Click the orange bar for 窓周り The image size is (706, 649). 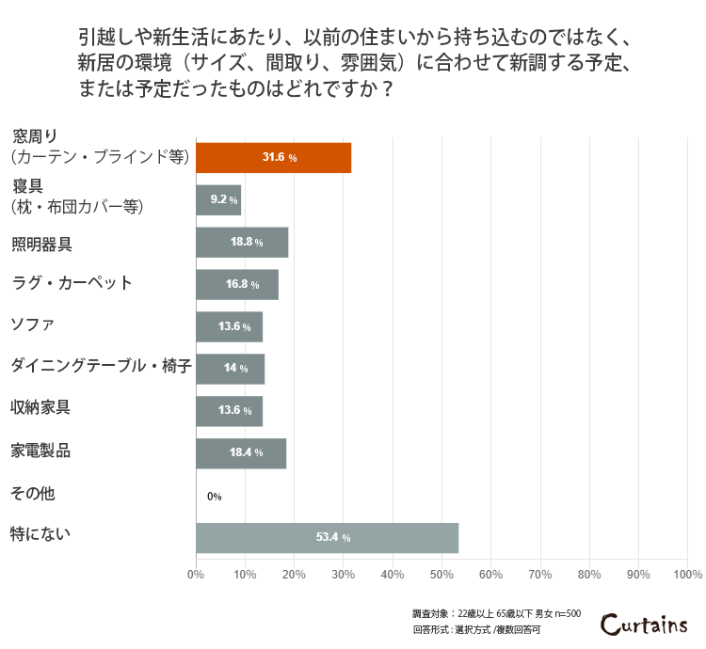click(273, 157)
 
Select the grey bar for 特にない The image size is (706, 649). click(327, 537)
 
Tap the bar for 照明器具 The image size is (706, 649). click(242, 242)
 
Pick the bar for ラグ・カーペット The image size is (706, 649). click(237, 284)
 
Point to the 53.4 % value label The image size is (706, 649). click(332, 537)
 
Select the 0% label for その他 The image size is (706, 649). click(214, 496)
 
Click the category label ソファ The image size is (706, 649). click(32, 325)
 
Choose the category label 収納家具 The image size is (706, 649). click(40, 408)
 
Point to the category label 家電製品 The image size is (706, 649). click(40, 451)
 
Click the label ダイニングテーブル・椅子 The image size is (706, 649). click(101, 366)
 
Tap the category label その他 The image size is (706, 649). click(32, 492)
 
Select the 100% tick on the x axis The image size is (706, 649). click(687, 574)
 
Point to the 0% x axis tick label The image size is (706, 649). click(196, 574)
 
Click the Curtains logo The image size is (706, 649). click(645, 624)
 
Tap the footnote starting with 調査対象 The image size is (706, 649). click(496, 613)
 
